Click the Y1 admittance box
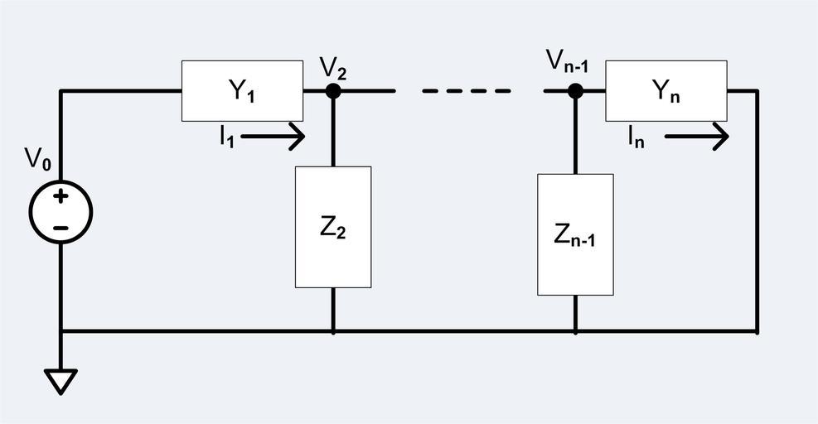point(242,91)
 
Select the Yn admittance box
point(666,91)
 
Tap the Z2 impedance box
point(333,227)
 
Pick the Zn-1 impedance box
point(575,234)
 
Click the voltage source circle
point(61,212)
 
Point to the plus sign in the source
point(61,197)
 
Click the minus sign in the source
point(61,228)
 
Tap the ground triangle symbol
point(61,382)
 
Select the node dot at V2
point(333,91)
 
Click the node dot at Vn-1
point(575,91)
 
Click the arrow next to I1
point(274,137)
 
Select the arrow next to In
point(697,137)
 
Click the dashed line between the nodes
point(466,91)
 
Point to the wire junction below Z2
point(333,331)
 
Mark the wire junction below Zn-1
point(575,331)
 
